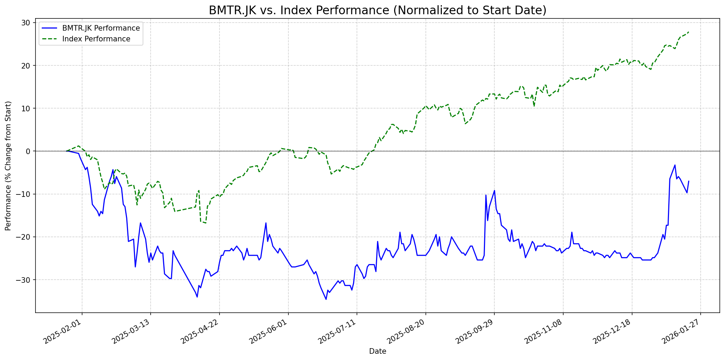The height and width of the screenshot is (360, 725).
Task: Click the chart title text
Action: (377, 10)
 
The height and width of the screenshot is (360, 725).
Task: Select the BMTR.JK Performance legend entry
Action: (101, 28)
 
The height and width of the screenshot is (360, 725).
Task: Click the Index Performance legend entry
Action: (96, 39)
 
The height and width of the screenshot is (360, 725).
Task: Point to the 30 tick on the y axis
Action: (26, 23)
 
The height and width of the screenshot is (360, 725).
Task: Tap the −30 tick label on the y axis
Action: (24, 280)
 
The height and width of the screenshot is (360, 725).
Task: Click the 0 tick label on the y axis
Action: (29, 151)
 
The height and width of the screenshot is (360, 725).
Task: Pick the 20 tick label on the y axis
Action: (26, 66)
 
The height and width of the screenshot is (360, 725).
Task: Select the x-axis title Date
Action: (377, 352)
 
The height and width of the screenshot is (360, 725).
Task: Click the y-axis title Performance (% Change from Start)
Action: (8, 166)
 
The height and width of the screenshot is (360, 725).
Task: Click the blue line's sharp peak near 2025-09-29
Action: (494, 190)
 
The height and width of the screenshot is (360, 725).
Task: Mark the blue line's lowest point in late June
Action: (326, 299)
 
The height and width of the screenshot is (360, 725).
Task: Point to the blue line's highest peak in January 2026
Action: (675, 165)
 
